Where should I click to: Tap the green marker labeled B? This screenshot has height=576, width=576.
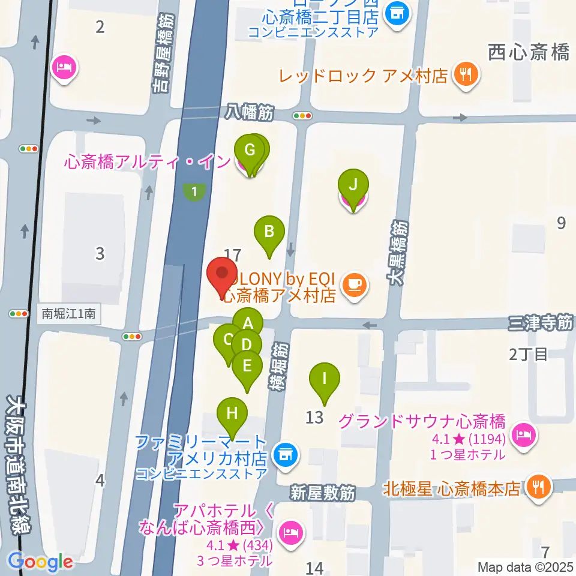click(269, 231)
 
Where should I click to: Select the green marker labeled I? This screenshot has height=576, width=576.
click(325, 379)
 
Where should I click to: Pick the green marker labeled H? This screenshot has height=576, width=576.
click(232, 413)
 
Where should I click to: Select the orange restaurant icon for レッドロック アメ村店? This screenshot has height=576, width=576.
click(466, 75)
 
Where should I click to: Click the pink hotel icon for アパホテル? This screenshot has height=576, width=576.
click(292, 532)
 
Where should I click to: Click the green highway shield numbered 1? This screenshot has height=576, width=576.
click(194, 192)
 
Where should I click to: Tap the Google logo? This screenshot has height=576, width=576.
click(40, 562)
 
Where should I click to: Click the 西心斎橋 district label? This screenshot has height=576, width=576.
click(529, 53)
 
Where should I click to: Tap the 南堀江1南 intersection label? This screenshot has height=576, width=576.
click(67, 313)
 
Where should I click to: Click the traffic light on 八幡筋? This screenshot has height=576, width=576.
click(302, 116)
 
